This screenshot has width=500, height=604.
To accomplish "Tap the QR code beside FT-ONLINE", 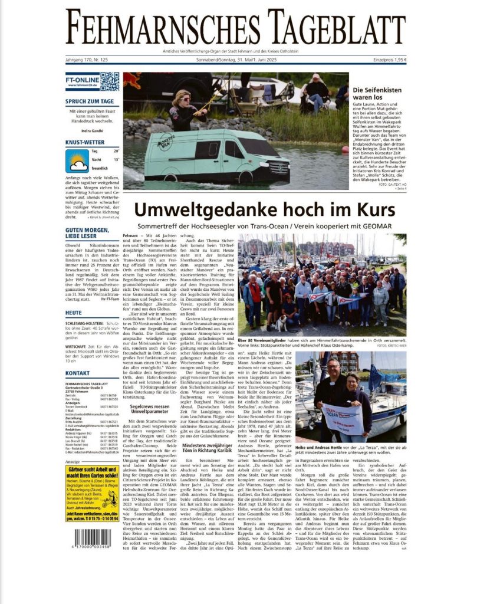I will pyautogui.click(x=109, y=81).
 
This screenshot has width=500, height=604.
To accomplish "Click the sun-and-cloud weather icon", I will pyautogui.click(x=77, y=161).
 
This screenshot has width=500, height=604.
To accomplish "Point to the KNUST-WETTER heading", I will pyautogui.click(x=85, y=142).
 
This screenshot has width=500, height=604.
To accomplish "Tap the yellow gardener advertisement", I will pyautogui.click(x=92, y=493).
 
